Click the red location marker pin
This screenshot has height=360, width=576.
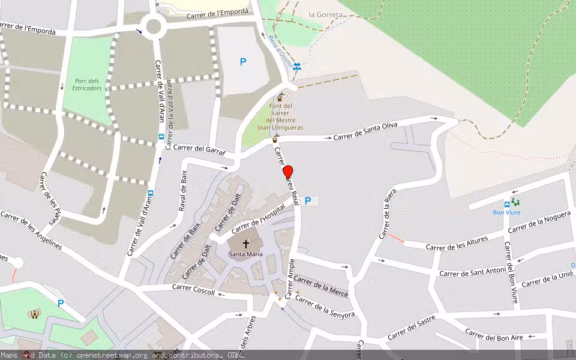(287, 172)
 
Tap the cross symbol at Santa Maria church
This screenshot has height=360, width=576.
(245, 244)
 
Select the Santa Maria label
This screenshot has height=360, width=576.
(245, 254)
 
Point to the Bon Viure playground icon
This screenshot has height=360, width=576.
(515, 202)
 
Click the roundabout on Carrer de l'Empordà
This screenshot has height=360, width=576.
(154, 26)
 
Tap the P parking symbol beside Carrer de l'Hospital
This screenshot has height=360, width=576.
(308, 202)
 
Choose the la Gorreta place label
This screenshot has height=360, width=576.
(326, 14)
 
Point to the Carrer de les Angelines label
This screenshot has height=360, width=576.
(31, 230)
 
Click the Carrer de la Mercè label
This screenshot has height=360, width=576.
(320, 287)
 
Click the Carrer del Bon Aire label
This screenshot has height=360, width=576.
(494, 335)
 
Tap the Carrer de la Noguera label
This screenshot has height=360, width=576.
(539, 223)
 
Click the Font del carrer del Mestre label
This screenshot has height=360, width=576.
(280, 116)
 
